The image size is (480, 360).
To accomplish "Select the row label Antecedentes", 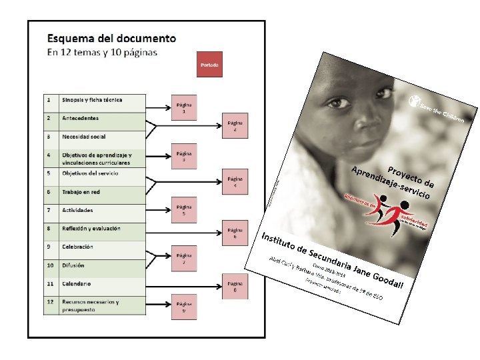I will click(80, 119).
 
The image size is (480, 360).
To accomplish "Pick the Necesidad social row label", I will click(84, 137).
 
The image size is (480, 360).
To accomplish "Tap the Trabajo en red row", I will click(82, 192).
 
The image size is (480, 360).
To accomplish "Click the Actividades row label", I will click(77, 210).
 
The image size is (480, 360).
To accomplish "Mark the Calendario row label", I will click(77, 283).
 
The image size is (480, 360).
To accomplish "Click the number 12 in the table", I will click(49, 301).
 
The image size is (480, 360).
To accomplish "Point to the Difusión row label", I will click(73, 265).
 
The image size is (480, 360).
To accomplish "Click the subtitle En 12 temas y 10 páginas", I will click(101, 53).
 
